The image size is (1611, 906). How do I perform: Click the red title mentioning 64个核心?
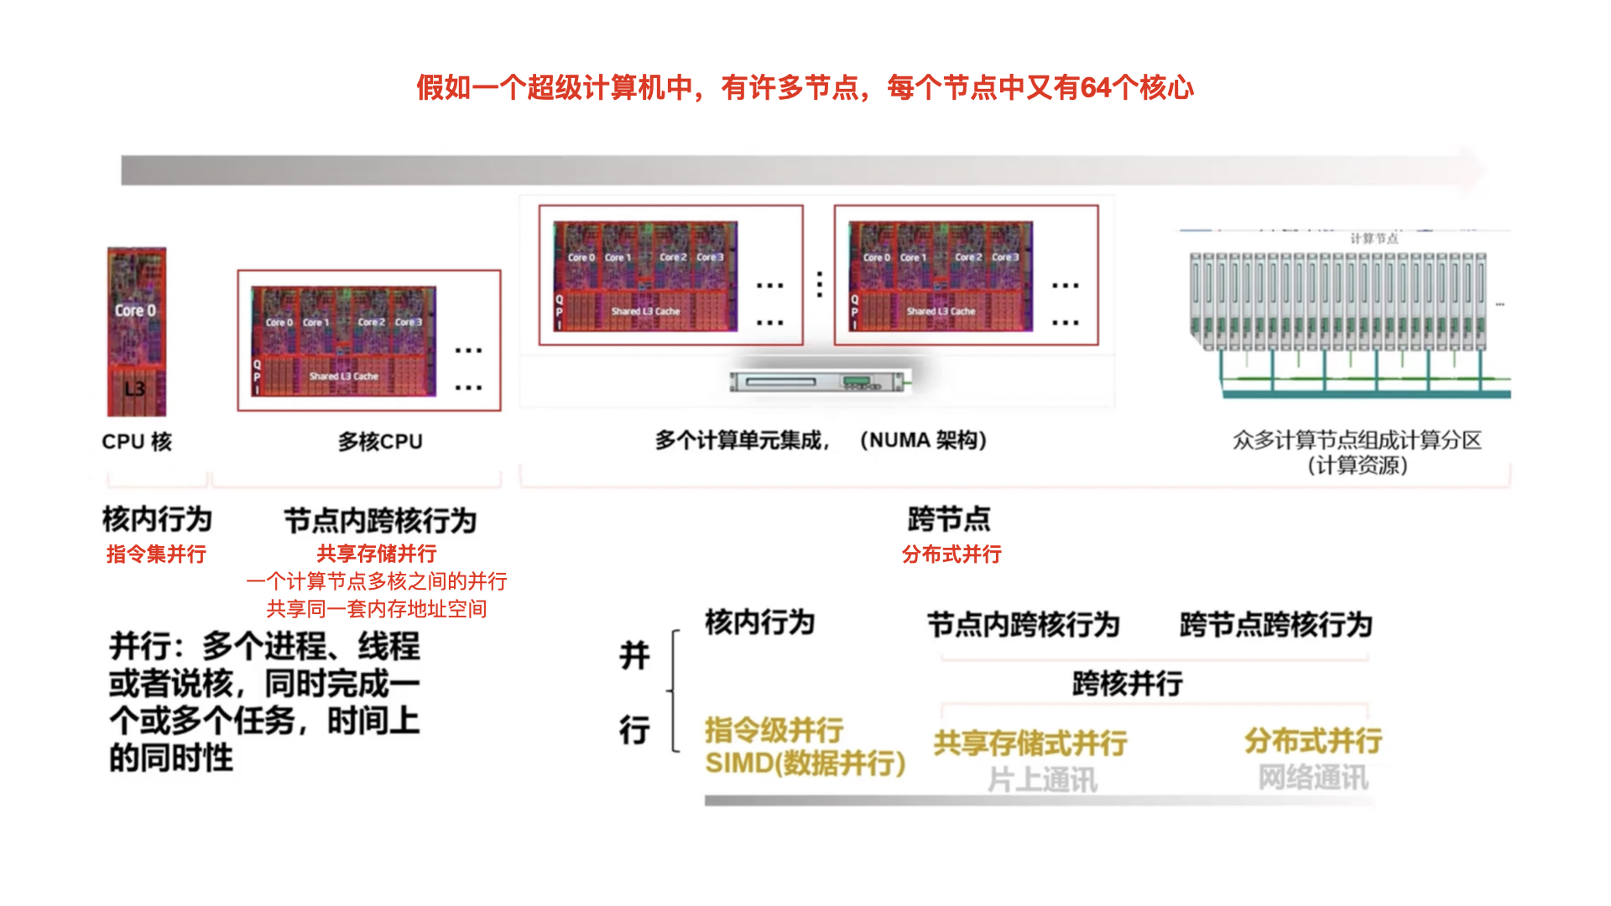point(805,87)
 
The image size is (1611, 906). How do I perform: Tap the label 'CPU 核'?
point(137,441)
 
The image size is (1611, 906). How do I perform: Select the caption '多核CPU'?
point(380,441)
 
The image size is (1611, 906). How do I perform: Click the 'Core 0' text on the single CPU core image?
point(135,310)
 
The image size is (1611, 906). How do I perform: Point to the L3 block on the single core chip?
point(135,388)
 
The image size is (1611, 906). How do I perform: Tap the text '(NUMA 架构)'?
point(923,440)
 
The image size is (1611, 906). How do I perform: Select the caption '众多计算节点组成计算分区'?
point(1357,440)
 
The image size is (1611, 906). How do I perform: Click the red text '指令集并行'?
point(156,554)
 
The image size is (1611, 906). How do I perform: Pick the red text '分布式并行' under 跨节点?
point(951,554)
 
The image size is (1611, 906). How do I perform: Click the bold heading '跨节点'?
point(949,519)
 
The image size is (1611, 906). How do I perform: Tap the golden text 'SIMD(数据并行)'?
point(805,763)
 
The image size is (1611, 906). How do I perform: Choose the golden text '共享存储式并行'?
point(1030,742)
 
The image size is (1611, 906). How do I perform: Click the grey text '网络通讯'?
point(1313,778)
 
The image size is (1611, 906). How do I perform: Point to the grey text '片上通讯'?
point(1042,780)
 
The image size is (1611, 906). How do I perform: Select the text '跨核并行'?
point(1128,684)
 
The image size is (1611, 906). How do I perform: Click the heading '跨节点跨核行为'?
point(1275,625)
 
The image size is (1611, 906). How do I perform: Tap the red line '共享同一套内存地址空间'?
point(377,609)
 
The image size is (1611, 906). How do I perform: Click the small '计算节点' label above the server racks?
point(1374,239)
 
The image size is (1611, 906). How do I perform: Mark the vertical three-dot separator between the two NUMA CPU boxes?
point(820,284)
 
